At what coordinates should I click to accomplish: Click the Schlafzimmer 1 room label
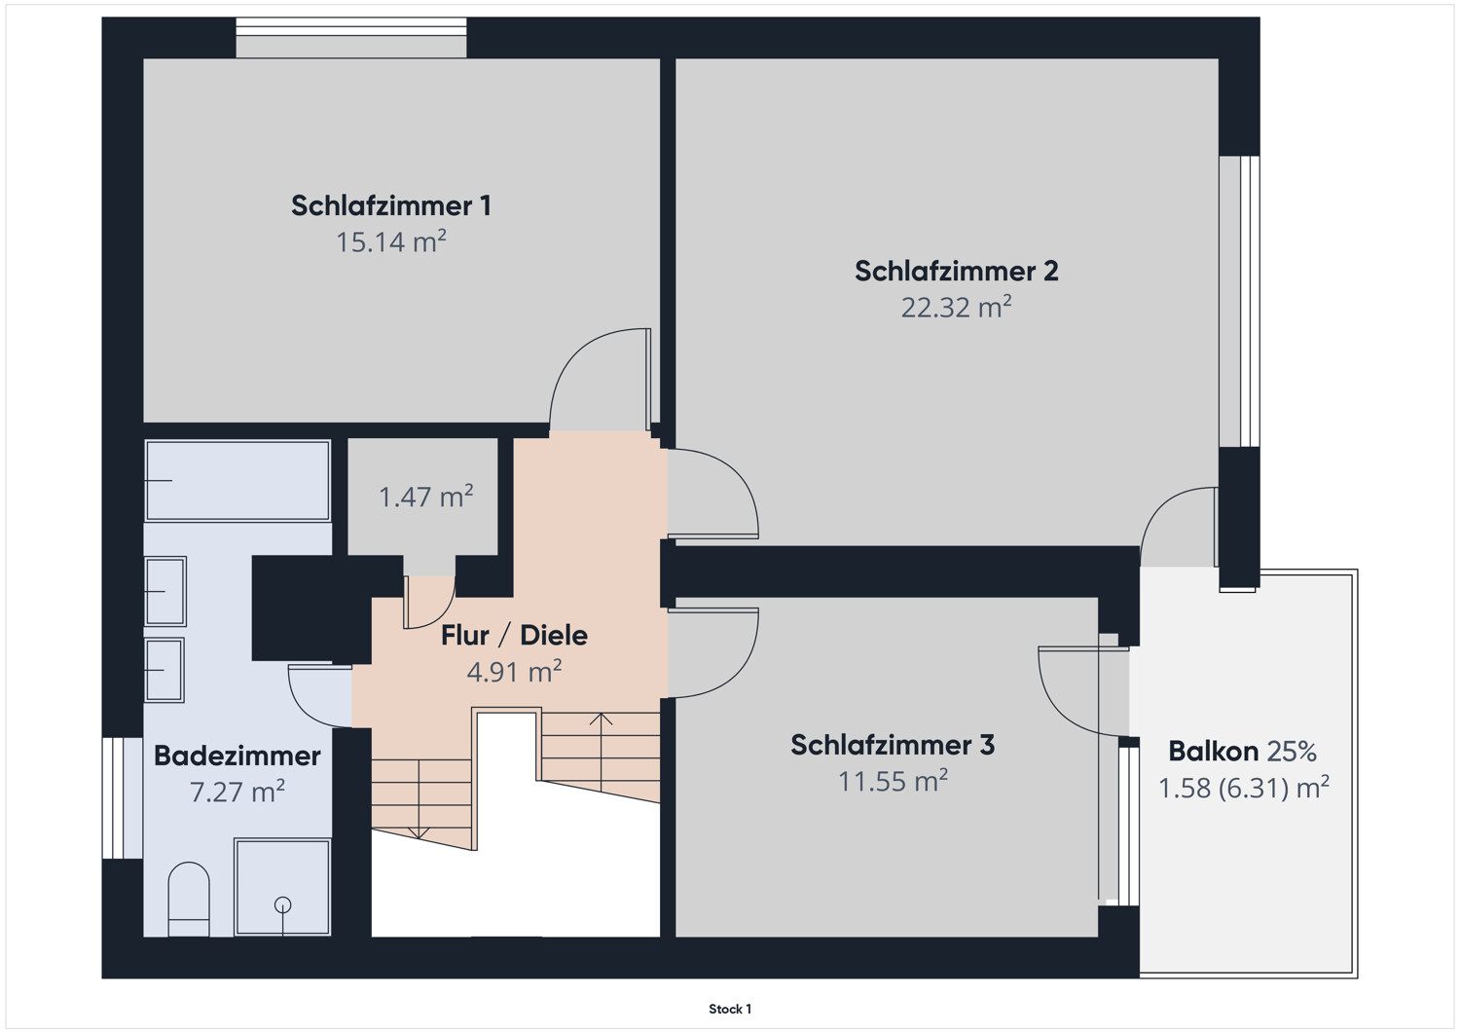pos(391,206)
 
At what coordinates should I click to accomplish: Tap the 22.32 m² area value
pos(956,307)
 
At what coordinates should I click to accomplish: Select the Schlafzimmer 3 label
pos(893,745)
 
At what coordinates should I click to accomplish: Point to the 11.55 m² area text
pos(893,781)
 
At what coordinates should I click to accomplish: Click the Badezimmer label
pos(237,756)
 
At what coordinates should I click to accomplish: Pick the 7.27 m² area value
pos(237,792)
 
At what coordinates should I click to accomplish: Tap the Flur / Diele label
pos(514,635)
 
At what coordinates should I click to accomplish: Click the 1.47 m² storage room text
pos(425,497)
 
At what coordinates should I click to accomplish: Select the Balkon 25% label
pos(1242,752)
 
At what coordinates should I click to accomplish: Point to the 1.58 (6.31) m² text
pos(1244,788)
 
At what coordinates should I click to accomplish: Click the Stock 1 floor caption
pos(730,1009)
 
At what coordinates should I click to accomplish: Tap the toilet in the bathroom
pos(189,900)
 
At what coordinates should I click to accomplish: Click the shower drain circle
pos(283,904)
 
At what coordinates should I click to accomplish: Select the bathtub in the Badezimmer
pos(237,481)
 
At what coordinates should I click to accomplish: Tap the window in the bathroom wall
pos(122,798)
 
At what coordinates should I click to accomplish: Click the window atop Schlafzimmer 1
pos(351,38)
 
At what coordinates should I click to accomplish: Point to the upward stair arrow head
pos(601,719)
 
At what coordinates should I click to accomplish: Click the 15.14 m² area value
pos(391,242)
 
